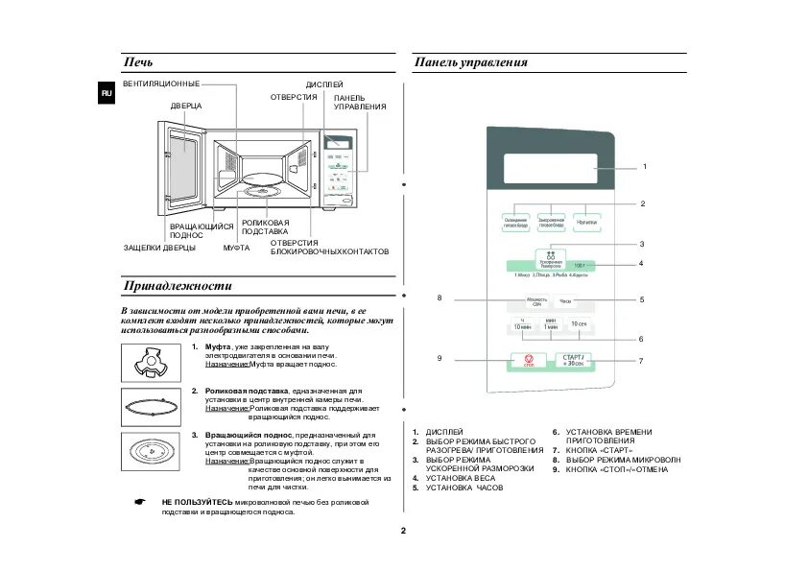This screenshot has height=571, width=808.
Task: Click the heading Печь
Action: [138, 62]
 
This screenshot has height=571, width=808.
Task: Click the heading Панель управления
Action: [470, 62]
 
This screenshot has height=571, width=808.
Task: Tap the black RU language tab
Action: [107, 92]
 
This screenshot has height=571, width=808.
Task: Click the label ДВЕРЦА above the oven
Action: [186, 105]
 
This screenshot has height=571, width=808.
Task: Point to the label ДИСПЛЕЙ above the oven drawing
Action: [324, 85]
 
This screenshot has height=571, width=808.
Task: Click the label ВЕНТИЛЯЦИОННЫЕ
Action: [161, 84]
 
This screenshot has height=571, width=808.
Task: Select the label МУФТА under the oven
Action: [236, 249]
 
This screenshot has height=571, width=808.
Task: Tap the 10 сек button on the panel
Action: [579, 324]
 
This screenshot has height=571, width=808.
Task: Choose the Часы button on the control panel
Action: [565, 301]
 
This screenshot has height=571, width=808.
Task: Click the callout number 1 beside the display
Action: [644, 167]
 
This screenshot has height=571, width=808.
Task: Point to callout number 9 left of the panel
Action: [440, 358]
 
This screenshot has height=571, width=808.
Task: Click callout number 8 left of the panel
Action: [440, 297]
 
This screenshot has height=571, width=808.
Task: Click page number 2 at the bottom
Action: [404, 531]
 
